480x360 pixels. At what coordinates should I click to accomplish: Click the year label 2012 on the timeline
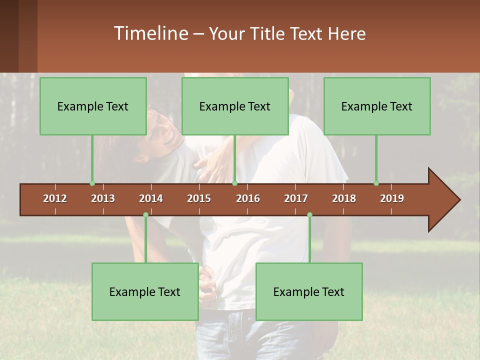point(55,198)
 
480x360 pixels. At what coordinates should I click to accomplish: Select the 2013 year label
point(103,198)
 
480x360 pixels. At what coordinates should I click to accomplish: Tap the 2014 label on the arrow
point(151,198)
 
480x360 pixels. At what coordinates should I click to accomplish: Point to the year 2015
point(199,198)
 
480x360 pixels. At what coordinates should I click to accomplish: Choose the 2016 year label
point(248,198)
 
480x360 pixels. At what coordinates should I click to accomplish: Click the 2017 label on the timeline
point(296,198)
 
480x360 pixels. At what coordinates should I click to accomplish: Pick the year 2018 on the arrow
point(344,198)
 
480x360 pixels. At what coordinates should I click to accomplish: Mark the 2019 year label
point(392,198)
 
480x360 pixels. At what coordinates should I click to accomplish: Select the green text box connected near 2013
point(93,106)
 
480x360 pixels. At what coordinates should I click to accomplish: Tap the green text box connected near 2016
point(235,106)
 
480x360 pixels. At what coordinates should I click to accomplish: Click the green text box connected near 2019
point(377,106)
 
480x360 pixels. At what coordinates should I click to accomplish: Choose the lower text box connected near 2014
point(145,291)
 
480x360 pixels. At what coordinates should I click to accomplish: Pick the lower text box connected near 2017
point(309,291)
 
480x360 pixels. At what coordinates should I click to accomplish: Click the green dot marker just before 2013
point(92,183)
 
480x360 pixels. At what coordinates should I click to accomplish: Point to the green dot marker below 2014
point(145,214)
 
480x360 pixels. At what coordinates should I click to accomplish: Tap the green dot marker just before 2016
point(234,183)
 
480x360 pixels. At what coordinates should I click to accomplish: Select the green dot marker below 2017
point(309,214)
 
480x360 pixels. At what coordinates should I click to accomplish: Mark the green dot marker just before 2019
point(376,183)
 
